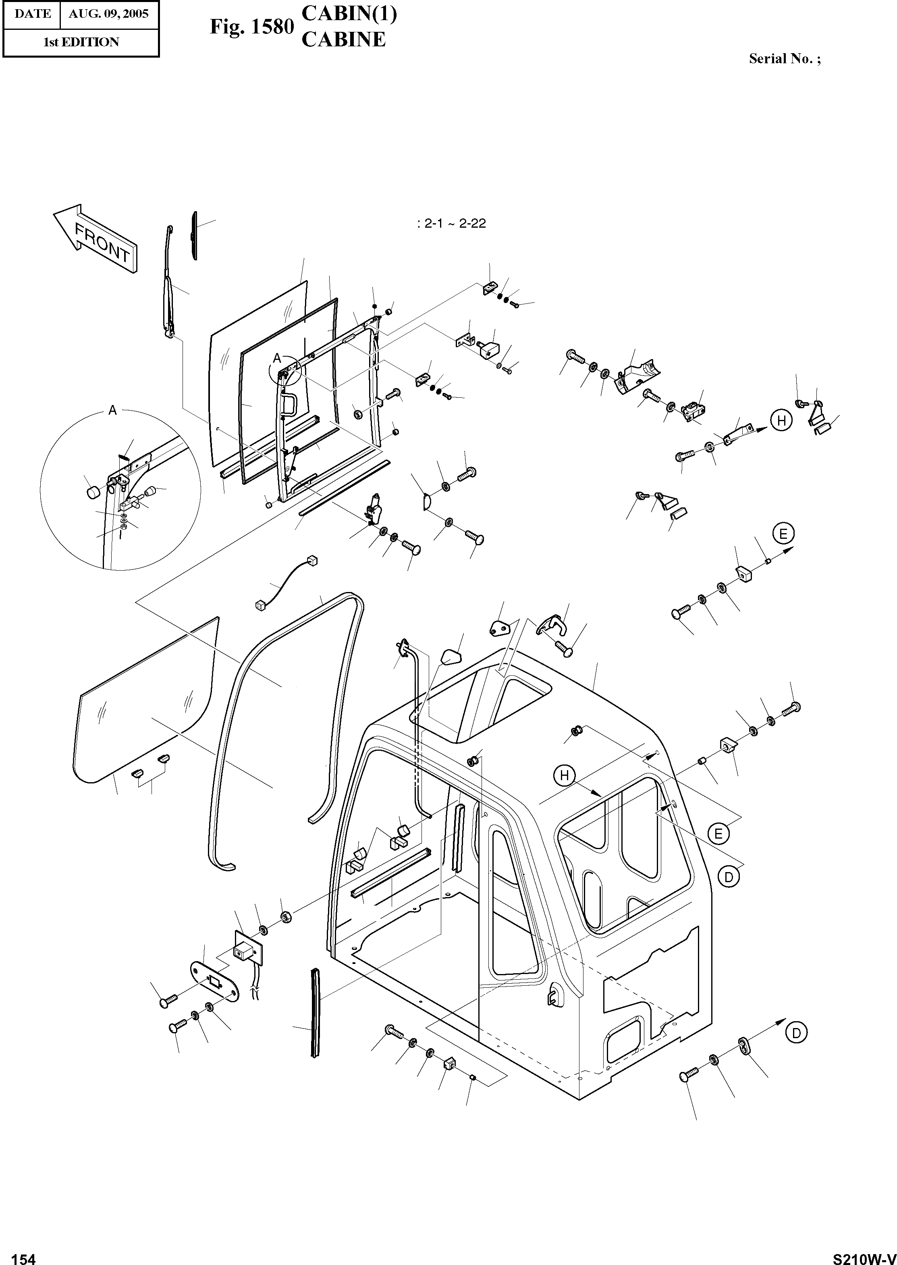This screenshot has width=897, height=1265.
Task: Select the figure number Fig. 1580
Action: (x=251, y=27)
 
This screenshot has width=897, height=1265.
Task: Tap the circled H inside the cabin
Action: (x=564, y=776)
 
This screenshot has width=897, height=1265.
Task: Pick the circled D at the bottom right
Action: (x=796, y=1032)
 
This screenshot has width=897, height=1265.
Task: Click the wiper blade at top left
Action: (x=194, y=235)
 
